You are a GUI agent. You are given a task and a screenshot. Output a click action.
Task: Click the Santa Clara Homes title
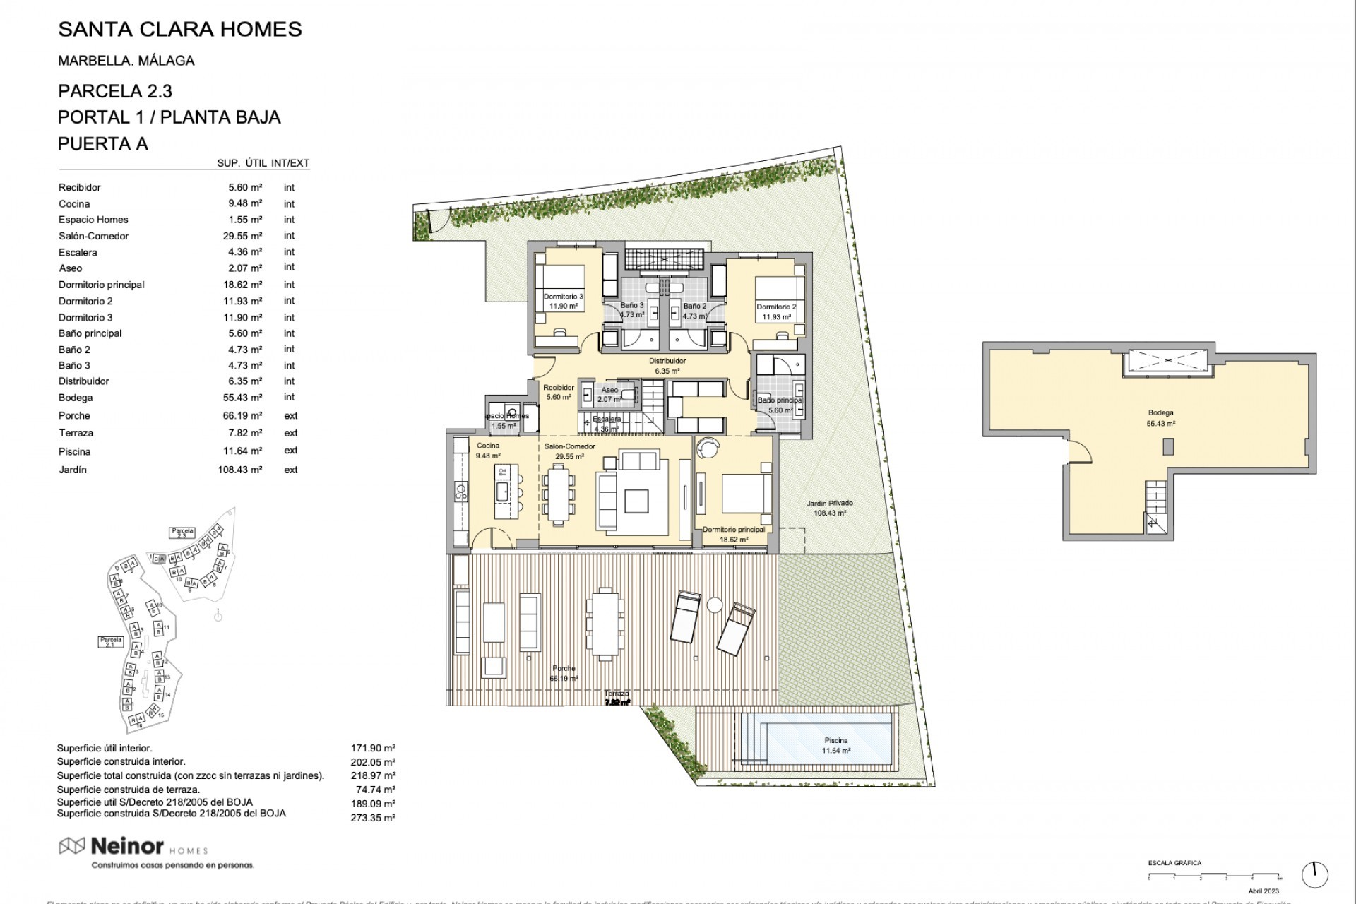[x=179, y=30]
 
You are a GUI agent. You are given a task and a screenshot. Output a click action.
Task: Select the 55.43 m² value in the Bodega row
[x=242, y=398]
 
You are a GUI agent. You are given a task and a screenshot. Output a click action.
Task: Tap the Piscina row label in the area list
[x=74, y=451]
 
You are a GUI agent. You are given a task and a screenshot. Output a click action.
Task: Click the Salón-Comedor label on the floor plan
[x=569, y=446]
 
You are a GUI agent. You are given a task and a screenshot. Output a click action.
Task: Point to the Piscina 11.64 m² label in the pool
[x=836, y=745]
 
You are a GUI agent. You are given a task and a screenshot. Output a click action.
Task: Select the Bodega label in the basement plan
[x=1160, y=413]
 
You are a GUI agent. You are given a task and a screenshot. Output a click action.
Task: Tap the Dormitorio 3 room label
[x=563, y=297]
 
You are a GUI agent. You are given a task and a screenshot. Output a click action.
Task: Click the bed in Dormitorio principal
[x=747, y=492]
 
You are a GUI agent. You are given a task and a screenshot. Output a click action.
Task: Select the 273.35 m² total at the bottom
[x=373, y=818]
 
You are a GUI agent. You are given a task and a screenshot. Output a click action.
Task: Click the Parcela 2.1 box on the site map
[x=111, y=641]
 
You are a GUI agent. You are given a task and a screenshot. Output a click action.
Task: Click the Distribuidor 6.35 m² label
[x=667, y=365]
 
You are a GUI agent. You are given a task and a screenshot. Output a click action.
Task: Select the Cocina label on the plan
[x=488, y=446]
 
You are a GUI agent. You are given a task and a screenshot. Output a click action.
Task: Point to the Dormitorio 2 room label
[x=776, y=307]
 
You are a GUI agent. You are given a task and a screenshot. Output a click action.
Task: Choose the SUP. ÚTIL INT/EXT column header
[x=263, y=163]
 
